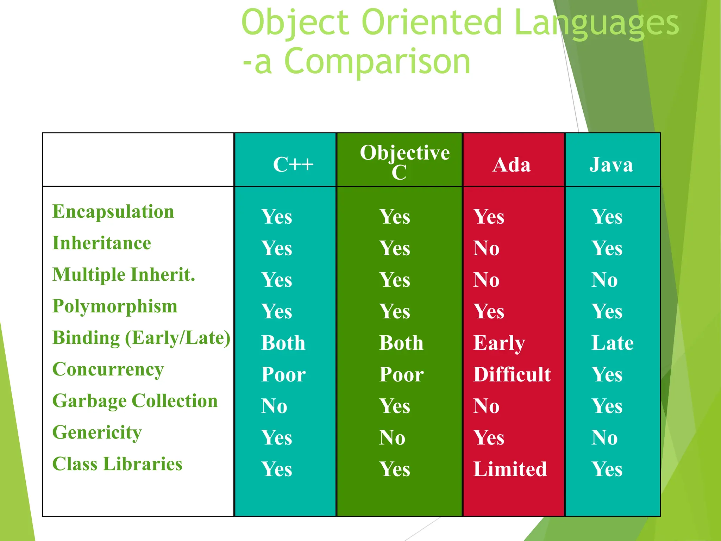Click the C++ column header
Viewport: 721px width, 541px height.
click(x=293, y=165)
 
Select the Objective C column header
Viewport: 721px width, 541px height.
click(x=404, y=162)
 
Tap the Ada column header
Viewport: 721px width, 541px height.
click(x=512, y=165)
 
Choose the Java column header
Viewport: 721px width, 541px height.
click(x=611, y=165)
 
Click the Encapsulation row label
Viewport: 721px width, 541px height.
click(x=113, y=212)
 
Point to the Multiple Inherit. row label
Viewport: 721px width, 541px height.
click(x=124, y=275)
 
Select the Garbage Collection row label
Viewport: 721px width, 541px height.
click(x=135, y=401)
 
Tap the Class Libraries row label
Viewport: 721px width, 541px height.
click(x=117, y=464)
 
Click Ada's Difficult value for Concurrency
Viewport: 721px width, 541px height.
click(x=512, y=374)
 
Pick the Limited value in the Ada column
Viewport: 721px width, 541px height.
click(x=510, y=469)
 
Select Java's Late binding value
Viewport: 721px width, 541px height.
click(x=612, y=343)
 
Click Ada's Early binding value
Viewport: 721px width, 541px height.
click(x=499, y=343)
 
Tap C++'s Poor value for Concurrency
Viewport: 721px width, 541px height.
click(x=283, y=374)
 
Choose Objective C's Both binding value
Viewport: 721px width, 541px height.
click(x=401, y=343)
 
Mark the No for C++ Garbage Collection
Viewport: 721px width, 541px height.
click(x=274, y=406)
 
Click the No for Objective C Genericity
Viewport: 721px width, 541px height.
click(x=392, y=438)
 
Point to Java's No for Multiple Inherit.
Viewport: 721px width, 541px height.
click(x=604, y=280)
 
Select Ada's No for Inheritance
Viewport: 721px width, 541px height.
click(x=486, y=248)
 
